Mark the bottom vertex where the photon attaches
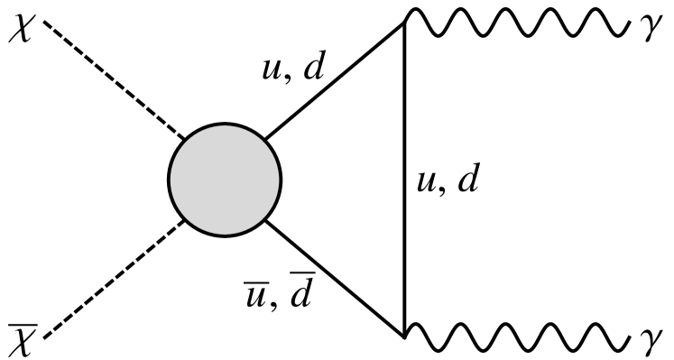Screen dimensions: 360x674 click(x=403, y=336)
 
